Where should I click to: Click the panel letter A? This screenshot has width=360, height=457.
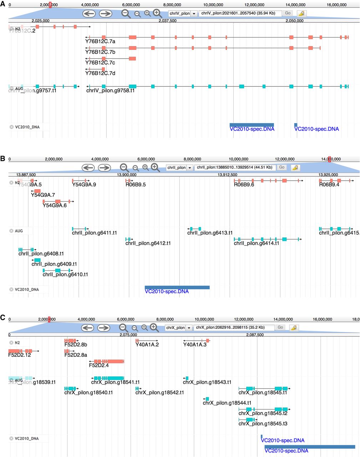3,7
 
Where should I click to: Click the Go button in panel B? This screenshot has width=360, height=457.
282,167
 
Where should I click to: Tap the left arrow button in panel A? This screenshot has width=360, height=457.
89,14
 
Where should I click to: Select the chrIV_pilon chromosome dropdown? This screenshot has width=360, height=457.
183,14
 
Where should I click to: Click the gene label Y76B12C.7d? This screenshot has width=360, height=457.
100,73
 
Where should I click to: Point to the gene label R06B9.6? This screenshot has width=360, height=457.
244,185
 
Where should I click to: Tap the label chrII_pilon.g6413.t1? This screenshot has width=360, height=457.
210,233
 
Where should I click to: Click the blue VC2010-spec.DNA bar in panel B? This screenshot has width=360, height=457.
177,287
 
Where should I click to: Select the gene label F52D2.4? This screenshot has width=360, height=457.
99,365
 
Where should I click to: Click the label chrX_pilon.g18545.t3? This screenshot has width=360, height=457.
263,423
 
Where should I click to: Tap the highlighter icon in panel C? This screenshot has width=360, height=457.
294,327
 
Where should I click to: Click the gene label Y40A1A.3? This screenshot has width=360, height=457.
195,345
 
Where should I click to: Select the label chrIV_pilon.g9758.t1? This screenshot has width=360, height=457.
110,91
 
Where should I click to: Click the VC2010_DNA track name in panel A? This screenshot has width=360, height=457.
27,127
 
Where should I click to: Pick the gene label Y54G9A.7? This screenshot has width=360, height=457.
43,195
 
